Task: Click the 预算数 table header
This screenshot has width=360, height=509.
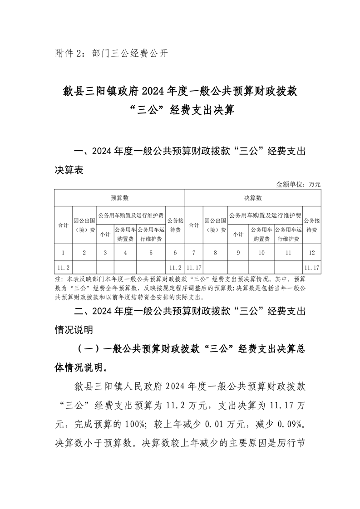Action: click(x=120, y=198)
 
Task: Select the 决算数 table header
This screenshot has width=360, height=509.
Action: click(x=253, y=198)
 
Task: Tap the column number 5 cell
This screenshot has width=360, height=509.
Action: click(x=151, y=253)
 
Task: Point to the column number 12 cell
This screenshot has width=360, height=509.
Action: click(x=311, y=253)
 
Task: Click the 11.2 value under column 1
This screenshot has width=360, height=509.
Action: click(x=63, y=268)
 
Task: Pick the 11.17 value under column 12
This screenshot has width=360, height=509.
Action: click(x=311, y=268)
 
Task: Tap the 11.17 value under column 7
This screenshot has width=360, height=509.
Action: click(x=194, y=268)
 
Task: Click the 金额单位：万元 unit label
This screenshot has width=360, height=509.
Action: click(x=298, y=184)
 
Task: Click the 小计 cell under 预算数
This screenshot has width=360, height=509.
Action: click(x=105, y=235)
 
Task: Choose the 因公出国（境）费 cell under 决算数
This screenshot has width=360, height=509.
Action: click(x=215, y=225)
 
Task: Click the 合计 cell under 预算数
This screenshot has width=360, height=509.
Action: click(x=63, y=225)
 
